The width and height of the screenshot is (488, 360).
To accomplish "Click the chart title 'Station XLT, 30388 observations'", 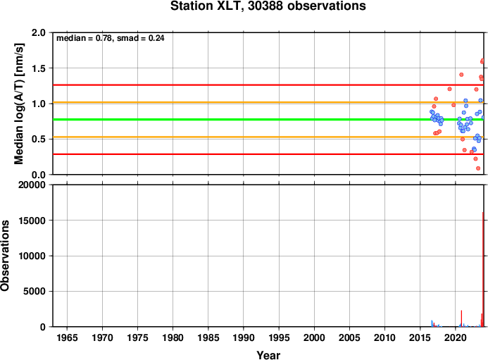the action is (268, 6).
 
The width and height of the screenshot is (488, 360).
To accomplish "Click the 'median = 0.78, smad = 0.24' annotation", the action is (110, 38).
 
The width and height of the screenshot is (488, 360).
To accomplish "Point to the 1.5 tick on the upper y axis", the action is (38, 68).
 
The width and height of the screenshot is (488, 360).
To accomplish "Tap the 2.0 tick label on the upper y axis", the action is (38, 32).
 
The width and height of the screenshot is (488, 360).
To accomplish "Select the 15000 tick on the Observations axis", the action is (32, 221).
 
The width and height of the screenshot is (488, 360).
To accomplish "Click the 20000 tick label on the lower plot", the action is (32, 185).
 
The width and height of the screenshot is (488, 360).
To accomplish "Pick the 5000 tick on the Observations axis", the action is (35, 292).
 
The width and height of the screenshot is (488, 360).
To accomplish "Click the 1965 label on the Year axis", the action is (67, 337).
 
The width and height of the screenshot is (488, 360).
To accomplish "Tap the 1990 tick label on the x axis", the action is (244, 337).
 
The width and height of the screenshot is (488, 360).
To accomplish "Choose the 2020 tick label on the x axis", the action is (456, 337).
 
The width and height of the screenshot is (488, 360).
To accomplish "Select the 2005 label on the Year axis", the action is (349, 337).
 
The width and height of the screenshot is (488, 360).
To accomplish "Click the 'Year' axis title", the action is (268, 355).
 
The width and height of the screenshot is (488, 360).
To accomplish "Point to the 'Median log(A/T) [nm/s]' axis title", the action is (19, 104).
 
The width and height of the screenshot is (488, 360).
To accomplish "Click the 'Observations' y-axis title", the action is (5, 256).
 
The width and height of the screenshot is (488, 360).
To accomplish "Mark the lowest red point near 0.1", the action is (478, 168).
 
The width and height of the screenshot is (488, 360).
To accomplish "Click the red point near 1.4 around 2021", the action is (461, 75).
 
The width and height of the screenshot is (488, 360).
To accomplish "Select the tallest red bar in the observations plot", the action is (483, 269).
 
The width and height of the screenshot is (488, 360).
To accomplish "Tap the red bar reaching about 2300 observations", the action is (461, 318).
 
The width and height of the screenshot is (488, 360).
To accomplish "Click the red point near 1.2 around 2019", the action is (449, 89).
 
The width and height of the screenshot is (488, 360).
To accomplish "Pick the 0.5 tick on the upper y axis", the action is (38, 139).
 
